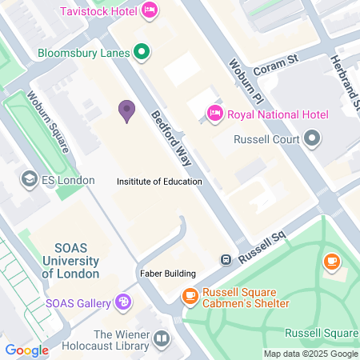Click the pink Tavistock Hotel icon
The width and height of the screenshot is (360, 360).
pyautogui.click(x=149, y=11)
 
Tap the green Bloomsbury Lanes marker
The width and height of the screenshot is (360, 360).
pyautogui.click(x=142, y=54)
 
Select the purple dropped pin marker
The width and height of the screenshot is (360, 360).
pyautogui.click(x=126, y=110)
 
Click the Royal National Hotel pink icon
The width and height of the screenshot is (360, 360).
pyautogui.click(x=214, y=114)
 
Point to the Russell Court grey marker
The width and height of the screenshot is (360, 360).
pyautogui.click(x=312, y=140)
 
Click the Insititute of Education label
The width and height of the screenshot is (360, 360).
pyautogui.click(x=159, y=182)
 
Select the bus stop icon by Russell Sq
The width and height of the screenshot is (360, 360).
pyautogui.click(x=226, y=259)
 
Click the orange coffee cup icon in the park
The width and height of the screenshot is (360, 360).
pyautogui.click(x=331, y=262)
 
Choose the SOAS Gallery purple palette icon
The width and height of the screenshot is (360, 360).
pyautogui.click(x=123, y=302)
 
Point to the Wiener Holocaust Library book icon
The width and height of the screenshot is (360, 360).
pyautogui.click(x=162, y=340)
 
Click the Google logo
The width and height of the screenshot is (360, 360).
pyautogui.click(x=26, y=350)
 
